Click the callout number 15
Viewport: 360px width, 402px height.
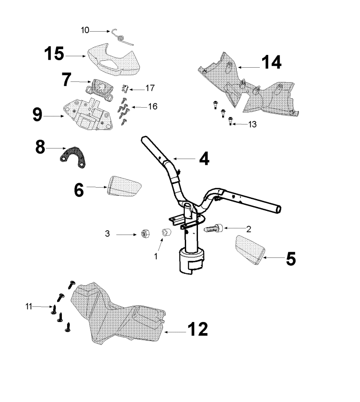tap(54, 55)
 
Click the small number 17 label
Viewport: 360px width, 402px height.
tap(150, 88)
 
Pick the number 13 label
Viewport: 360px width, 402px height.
tap(252, 125)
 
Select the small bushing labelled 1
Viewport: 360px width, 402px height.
tap(165, 232)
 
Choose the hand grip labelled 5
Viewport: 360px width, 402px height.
tap(249, 250)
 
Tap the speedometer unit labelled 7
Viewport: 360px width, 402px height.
tap(99, 85)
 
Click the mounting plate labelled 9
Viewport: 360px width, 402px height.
tap(90, 115)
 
